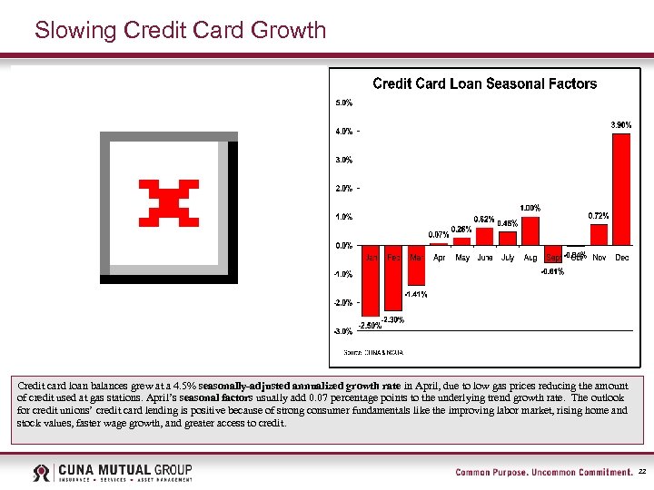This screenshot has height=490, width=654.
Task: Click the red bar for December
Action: [x=621, y=189]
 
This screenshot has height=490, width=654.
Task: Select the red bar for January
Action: [x=371, y=280]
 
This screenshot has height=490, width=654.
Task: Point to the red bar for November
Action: [x=599, y=235]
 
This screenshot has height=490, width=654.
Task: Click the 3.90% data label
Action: [x=620, y=124]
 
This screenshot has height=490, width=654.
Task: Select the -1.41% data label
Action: [x=416, y=294]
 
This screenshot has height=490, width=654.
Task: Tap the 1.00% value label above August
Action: [x=530, y=208]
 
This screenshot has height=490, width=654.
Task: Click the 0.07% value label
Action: [x=440, y=235]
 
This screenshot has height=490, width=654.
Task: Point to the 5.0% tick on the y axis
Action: [x=344, y=103]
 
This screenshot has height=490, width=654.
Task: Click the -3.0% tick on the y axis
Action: [x=344, y=331]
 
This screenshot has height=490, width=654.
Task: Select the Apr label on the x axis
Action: [x=440, y=258]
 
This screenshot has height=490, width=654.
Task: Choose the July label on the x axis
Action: [x=508, y=258]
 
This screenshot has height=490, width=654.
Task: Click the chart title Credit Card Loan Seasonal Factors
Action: [x=485, y=83]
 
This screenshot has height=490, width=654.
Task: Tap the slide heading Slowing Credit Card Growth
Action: [x=180, y=30]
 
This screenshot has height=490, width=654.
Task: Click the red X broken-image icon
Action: [x=168, y=202]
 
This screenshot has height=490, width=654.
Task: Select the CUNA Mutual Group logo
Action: [x=113, y=473]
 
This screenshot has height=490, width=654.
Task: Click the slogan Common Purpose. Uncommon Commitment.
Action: [x=543, y=473]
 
